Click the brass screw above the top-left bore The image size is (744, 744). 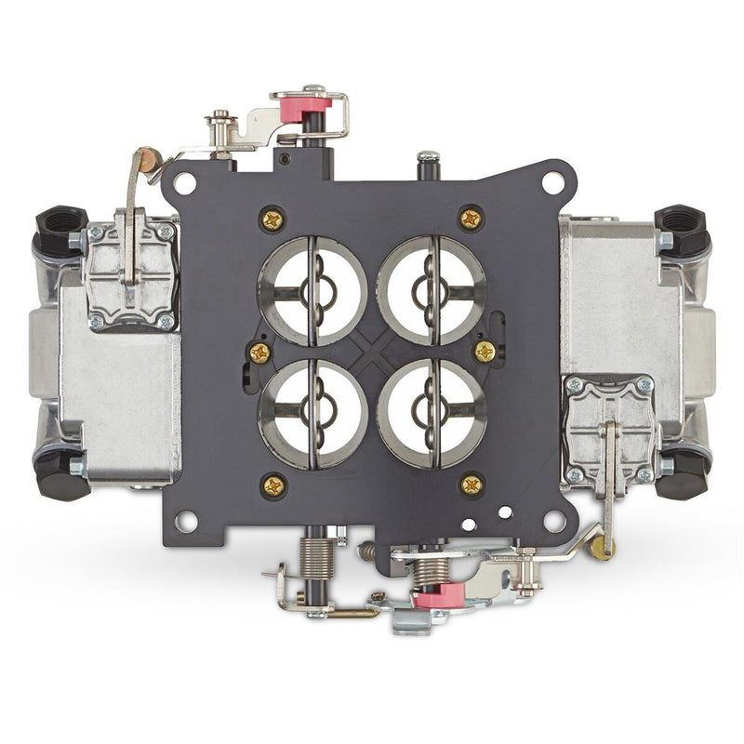pyautogui.click(x=272, y=219)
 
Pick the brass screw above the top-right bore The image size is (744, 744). pyautogui.click(x=472, y=219)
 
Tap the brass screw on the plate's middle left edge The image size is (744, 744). pyautogui.click(x=259, y=352)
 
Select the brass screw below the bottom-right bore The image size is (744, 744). pyautogui.click(x=472, y=484)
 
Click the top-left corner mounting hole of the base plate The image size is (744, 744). pyautogui.click(x=185, y=182)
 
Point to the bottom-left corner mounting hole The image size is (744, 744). pyautogui.click(x=185, y=520)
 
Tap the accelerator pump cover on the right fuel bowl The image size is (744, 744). pyautogui.click(x=609, y=429)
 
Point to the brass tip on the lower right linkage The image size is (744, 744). pyautogui.click(x=602, y=548)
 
